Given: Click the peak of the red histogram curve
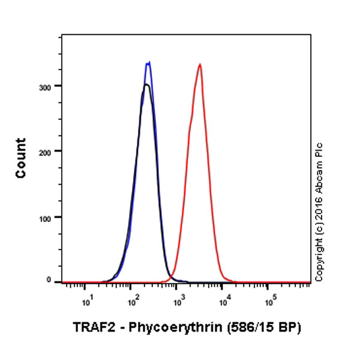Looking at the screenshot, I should [x=199, y=64].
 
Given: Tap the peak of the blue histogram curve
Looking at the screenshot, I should [x=148, y=62].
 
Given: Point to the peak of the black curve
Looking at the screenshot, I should [x=146, y=85].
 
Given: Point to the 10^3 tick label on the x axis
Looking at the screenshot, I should [x=178, y=297].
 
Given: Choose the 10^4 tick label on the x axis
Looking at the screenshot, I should [x=223, y=297].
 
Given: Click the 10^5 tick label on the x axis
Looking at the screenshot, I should [x=269, y=297].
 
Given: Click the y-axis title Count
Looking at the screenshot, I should [x=21, y=158].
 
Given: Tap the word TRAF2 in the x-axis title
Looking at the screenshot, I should [x=90, y=328].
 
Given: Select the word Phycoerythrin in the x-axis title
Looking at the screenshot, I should [x=163, y=328].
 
